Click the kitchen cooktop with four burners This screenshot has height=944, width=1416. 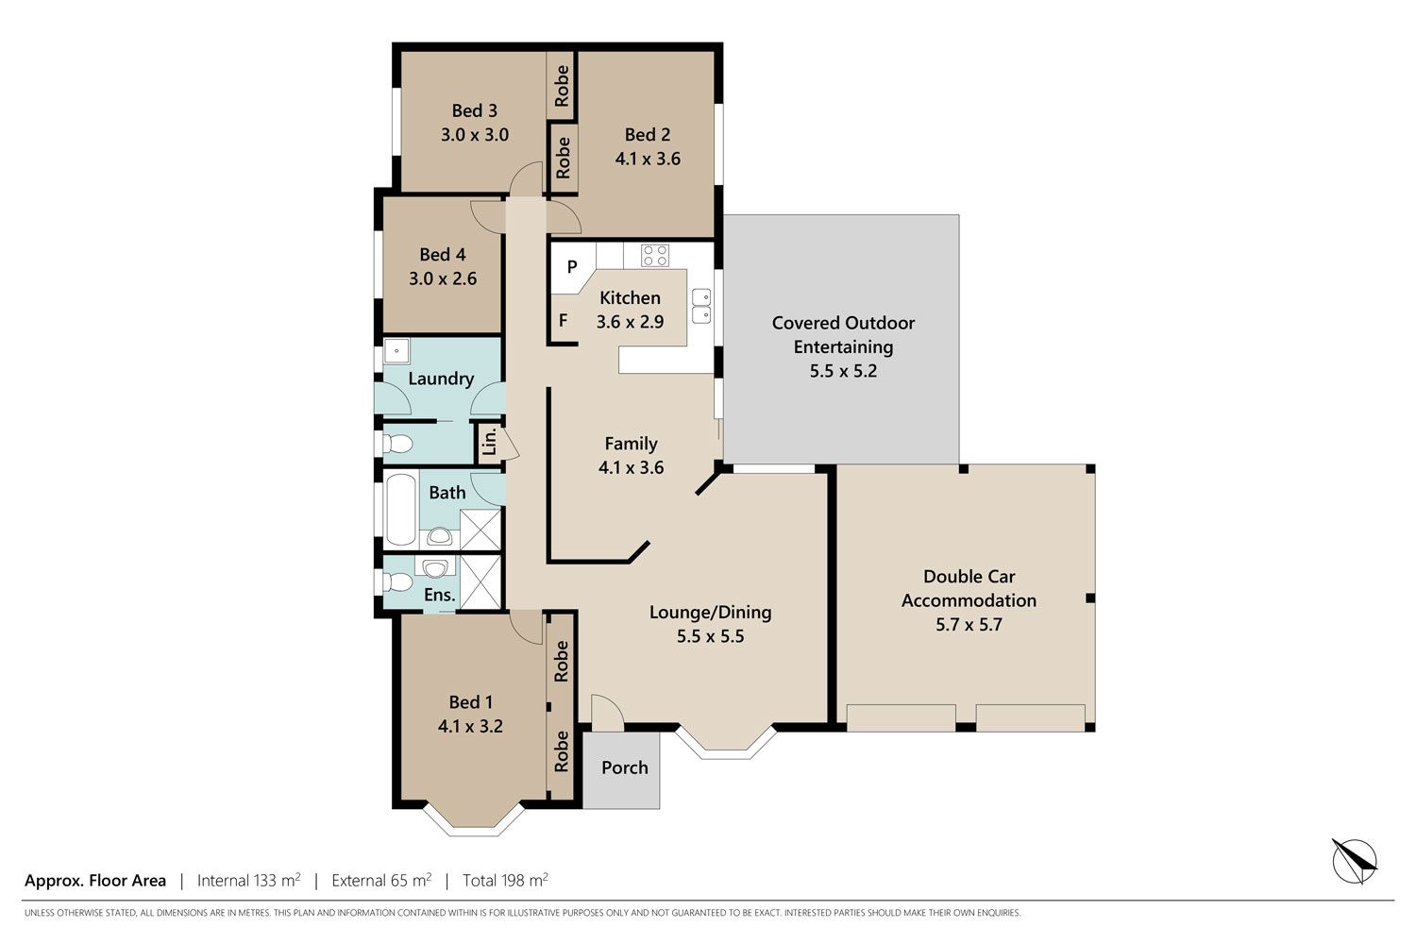655,256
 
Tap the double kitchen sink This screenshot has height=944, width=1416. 701,306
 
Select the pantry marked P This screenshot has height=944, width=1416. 572,267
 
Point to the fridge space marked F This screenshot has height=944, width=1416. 564,321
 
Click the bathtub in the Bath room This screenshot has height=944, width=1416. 401,509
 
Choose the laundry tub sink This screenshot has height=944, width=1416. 397,351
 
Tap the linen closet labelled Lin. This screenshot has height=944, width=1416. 489,442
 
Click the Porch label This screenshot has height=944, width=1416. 625,767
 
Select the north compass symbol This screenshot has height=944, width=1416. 1355,861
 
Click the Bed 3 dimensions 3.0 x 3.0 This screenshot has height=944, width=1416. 475,135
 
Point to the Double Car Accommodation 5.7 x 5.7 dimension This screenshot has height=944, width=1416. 969,625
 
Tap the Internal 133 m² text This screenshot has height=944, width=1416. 249,880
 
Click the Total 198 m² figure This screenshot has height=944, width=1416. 505,880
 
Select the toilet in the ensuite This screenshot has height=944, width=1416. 398,582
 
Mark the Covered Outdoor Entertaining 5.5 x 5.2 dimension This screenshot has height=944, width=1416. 843,371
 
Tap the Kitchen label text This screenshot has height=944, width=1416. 630,297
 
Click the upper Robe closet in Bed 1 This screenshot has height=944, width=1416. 561,661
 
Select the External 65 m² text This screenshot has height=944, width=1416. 381,880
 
